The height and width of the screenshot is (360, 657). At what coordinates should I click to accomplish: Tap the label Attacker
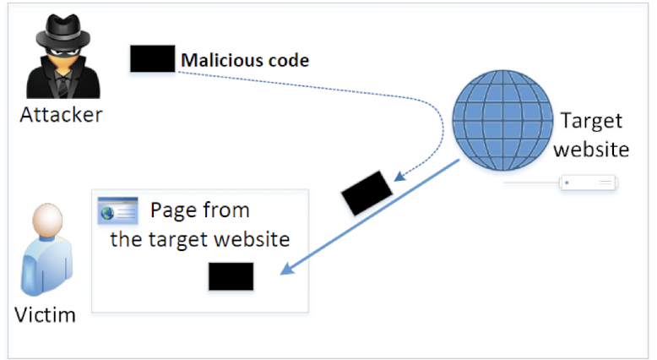[61, 114]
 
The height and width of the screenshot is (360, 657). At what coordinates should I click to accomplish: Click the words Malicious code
[245, 60]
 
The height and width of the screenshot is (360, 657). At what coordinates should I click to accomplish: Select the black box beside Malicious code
[152, 58]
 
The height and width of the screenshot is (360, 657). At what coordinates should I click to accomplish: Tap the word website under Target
[596, 150]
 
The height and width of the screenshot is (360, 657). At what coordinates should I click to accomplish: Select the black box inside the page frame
[231, 276]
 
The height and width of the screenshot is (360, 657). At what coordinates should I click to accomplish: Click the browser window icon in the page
[117, 210]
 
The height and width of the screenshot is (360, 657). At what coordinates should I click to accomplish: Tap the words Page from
[199, 210]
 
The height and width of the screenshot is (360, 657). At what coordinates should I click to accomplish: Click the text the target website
[200, 238]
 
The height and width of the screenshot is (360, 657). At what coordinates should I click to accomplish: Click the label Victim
[46, 315]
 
